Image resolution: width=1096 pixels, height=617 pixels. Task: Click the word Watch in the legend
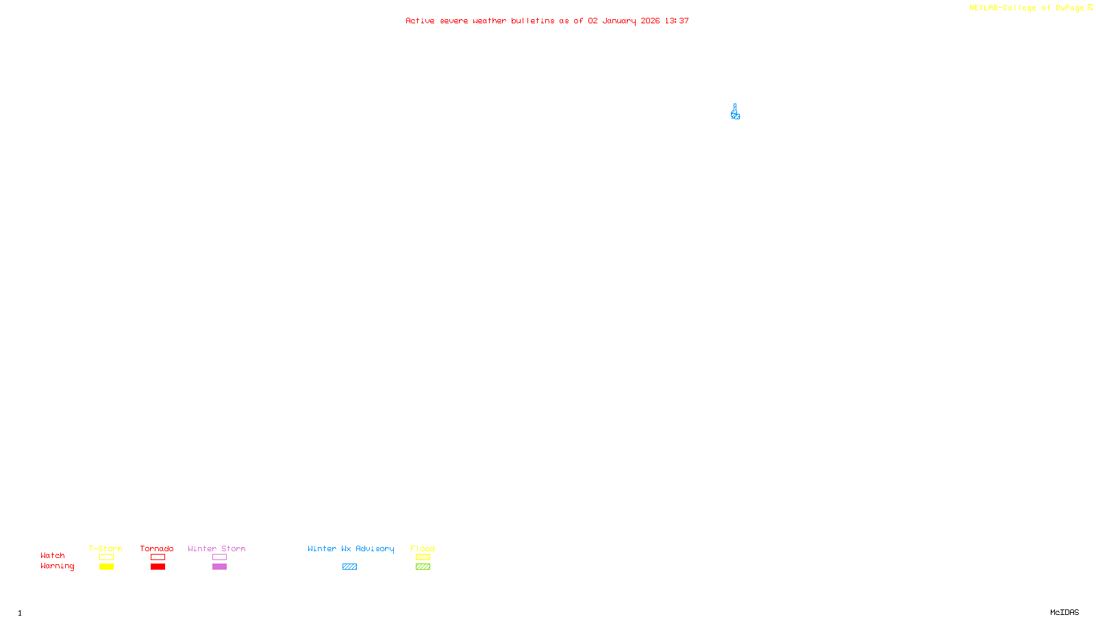click(53, 556)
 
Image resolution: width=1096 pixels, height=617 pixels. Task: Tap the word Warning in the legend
click(58, 566)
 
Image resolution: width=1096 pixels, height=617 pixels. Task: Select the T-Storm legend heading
click(105, 548)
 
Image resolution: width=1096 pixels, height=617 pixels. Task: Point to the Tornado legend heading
click(157, 548)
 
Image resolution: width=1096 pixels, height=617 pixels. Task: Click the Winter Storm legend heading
click(216, 548)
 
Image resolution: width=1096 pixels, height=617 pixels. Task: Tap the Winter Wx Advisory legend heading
click(351, 548)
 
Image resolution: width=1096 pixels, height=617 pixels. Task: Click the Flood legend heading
click(423, 548)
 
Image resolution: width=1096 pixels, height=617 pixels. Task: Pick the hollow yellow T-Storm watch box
click(106, 557)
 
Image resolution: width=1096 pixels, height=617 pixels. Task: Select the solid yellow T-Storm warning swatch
click(106, 567)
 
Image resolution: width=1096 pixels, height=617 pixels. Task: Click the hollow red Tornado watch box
click(158, 557)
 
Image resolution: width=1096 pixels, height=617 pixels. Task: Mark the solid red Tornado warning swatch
click(158, 567)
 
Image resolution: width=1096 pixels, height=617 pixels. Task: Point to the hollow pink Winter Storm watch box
click(219, 557)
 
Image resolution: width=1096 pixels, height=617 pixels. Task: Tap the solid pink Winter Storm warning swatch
click(219, 567)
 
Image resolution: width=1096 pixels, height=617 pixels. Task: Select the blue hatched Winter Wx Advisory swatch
click(349, 567)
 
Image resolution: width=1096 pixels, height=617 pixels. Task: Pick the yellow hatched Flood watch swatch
click(423, 557)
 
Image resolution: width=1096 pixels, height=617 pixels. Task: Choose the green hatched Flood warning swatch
click(423, 567)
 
